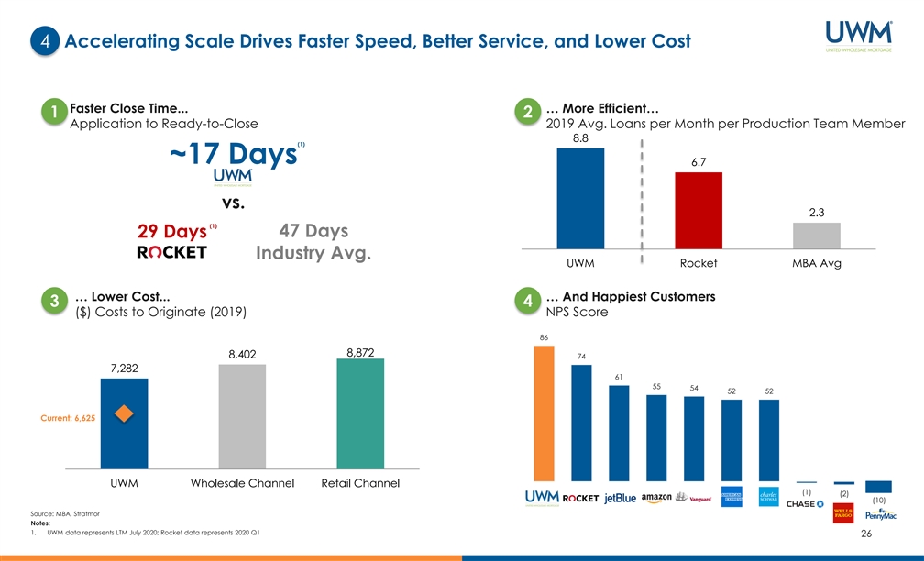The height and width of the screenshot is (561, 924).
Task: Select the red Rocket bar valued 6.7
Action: (x=698, y=210)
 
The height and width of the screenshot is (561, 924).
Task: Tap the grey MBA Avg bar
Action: (x=816, y=236)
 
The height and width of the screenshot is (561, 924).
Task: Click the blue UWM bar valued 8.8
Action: (x=580, y=198)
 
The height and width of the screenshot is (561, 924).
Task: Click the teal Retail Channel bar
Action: (x=360, y=413)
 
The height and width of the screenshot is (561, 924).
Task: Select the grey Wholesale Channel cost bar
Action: (x=242, y=417)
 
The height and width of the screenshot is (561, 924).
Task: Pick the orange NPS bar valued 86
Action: (x=544, y=412)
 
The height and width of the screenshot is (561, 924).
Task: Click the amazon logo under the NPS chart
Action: (x=657, y=498)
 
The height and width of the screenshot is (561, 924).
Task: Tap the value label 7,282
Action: (x=124, y=368)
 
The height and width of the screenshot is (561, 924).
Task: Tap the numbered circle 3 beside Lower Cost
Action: (x=54, y=302)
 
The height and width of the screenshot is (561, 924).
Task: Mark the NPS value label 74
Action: (x=581, y=356)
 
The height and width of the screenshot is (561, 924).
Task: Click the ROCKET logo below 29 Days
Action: (x=171, y=252)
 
